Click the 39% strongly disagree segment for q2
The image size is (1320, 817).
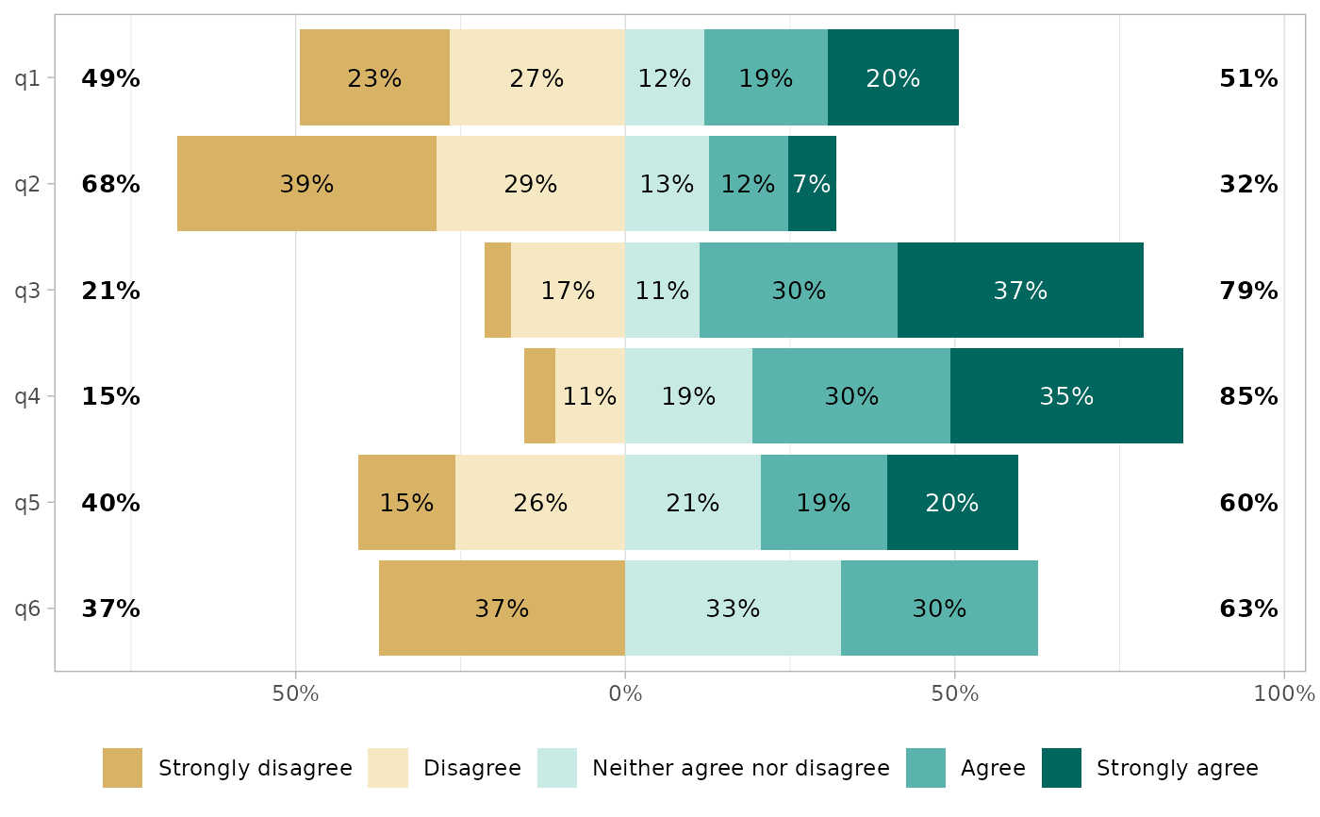(306, 184)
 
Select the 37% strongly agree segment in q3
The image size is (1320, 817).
(1020, 291)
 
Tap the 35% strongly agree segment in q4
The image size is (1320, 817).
(1066, 396)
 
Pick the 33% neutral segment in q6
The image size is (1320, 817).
(733, 609)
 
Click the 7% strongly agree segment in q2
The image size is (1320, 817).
(812, 184)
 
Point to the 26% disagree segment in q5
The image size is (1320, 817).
(540, 503)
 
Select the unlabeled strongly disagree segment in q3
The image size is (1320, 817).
(498, 291)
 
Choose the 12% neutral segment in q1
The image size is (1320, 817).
(665, 78)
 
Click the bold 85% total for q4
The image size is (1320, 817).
(1248, 396)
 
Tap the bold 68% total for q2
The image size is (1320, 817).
(110, 184)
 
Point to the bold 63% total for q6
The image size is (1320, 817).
(1248, 609)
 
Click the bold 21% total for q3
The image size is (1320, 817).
(110, 291)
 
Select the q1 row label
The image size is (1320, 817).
(27, 78)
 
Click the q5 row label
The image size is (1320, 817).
(27, 503)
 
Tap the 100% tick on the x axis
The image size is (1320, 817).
(1284, 694)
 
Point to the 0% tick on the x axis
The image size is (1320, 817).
(625, 694)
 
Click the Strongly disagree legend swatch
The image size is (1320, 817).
(123, 768)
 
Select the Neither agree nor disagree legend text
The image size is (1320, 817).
(740, 768)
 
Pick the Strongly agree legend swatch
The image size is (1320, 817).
(1062, 768)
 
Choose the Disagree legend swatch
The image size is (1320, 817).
(388, 768)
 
